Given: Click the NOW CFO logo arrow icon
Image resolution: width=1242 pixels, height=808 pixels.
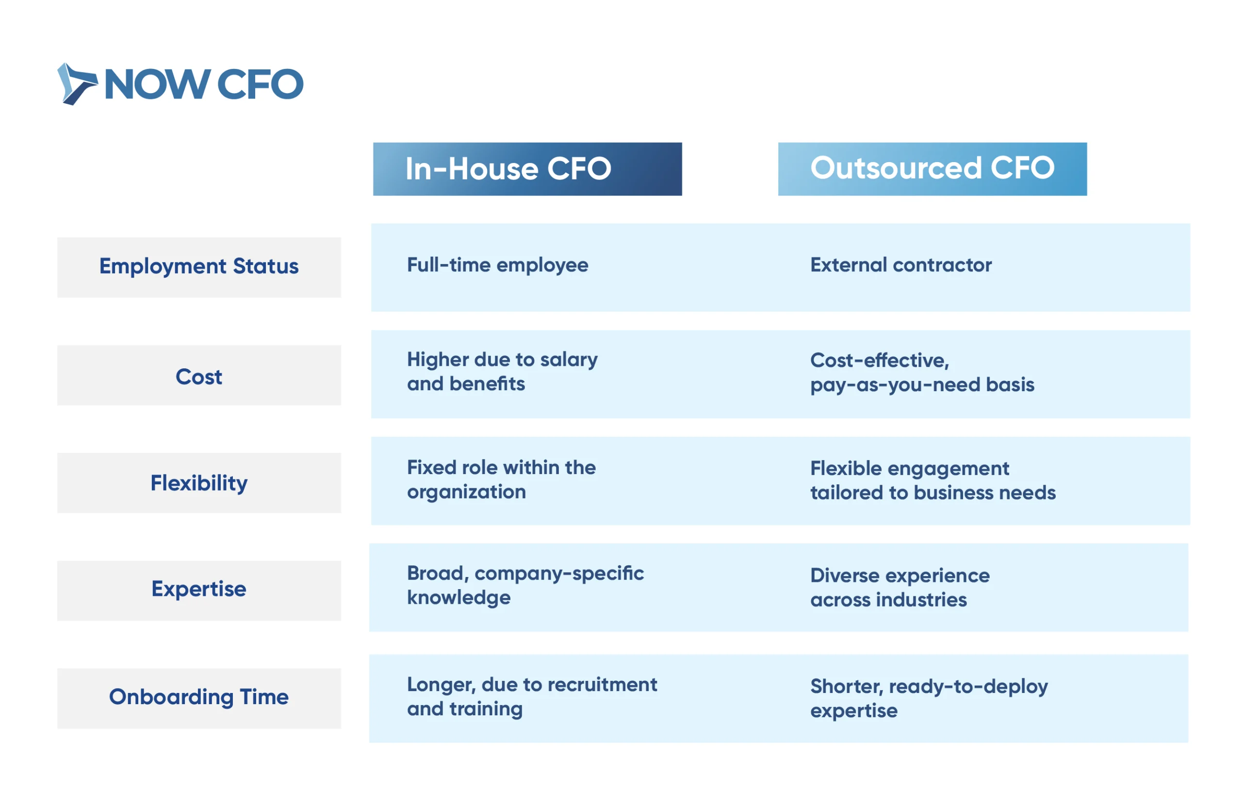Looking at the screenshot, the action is (x=77, y=84).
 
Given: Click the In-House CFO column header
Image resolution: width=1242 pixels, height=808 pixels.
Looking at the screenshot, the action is (x=527, y=169).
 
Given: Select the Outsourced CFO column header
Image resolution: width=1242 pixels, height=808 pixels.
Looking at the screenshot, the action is (x=932, y=169).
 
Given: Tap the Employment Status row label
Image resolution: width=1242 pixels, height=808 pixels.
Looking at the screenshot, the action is (x=199, y=267).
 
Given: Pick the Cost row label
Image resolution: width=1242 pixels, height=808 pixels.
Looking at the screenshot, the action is (x=199, y=375).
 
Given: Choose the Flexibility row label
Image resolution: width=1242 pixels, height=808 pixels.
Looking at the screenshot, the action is (x=199, y=483).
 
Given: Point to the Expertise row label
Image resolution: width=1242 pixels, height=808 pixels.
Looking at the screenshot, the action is (x=199, y=590).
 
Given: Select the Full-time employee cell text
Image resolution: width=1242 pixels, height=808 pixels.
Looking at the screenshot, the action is (x=497, y=265).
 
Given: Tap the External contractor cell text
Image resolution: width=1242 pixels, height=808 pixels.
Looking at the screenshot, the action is (x=901, y=265).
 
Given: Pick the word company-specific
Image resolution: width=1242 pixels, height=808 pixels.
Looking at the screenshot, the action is (x=559, y=574).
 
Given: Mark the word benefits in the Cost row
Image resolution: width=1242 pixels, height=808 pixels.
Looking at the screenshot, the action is (x=488, y=384).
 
